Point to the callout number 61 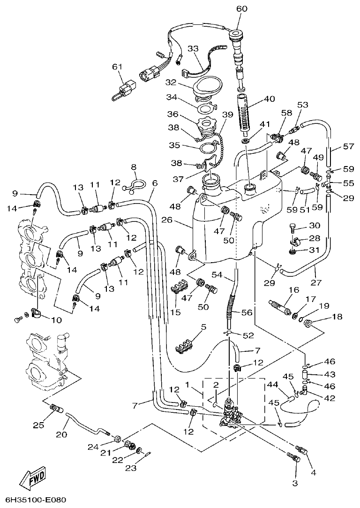[117, 67]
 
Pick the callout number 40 [270, 99]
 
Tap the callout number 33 [194, 49]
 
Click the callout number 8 [134, 167]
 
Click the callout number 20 [62, 434]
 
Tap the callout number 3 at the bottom [295, 483]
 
